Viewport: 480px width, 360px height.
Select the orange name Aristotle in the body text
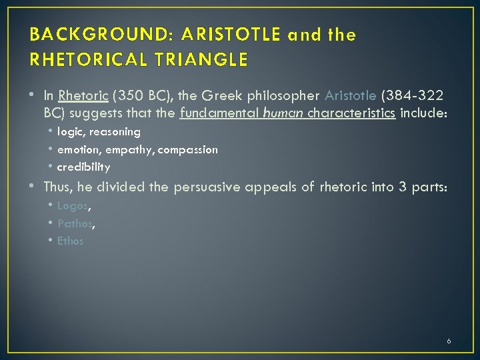point(350,95)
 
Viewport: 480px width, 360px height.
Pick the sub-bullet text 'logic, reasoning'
point(99,132)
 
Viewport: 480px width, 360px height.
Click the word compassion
point(189,149)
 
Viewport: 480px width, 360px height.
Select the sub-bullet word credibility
point(83,167)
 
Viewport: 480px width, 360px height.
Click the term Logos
point(72,206)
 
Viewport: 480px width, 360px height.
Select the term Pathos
point(75,223)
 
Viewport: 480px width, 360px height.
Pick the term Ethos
point(71,241)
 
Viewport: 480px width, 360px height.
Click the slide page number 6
point(449,341)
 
